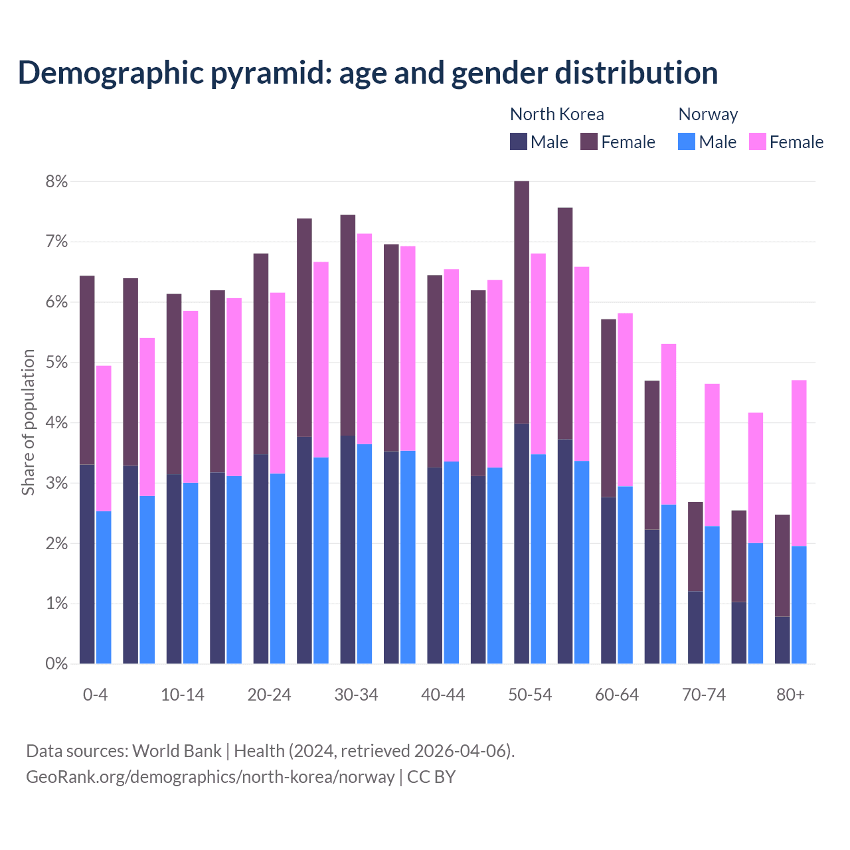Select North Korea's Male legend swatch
(x=519, y=141)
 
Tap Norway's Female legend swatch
(x=757, y=141)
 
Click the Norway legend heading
(x=708, y=114)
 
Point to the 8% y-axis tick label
(x=57, y=182)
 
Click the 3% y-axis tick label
(x=57, y=483)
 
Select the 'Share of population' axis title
(x=28, y=422)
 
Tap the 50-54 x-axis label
(x=530, y=695)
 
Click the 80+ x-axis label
(x=790, y=695)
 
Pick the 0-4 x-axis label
(x=95, y=695)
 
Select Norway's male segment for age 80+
(x=799, y=604)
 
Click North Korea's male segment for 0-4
(x=87, y=564)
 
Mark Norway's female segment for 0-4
(x=104, y=438)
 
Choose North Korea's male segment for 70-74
(x=695, y=627)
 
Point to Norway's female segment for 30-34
(x=365, y=339)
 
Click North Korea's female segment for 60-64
(x=608, y=408)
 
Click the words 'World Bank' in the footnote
(x=177, y=751)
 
